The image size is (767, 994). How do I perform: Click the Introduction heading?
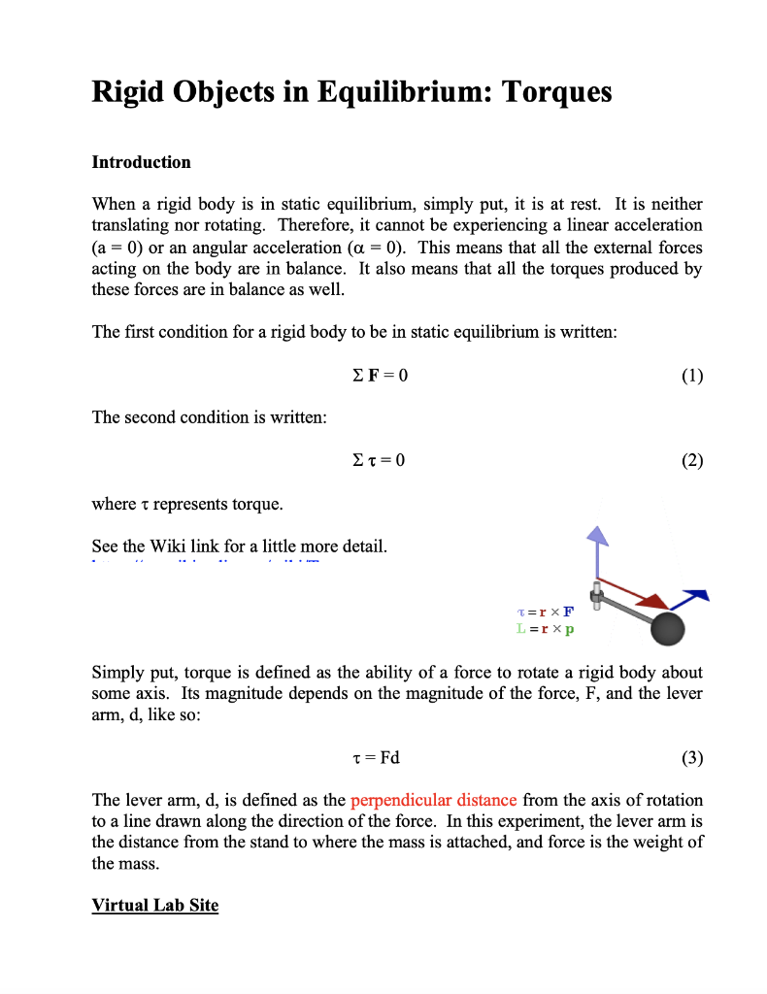141,162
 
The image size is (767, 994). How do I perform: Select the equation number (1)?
691,375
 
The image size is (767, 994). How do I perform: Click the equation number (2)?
691,460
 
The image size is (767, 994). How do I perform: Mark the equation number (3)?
691,758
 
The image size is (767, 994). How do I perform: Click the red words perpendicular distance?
433,801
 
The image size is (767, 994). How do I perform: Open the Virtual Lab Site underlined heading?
155,906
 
